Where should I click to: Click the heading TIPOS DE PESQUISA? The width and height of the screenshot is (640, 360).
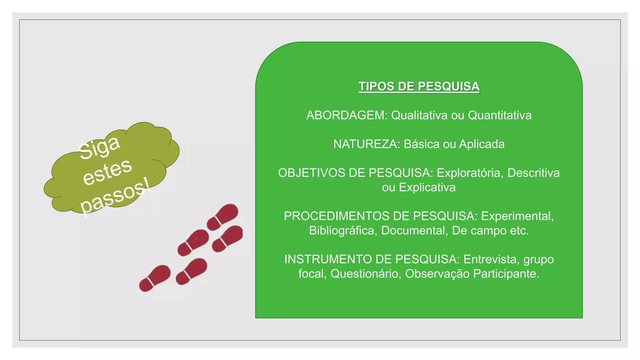(419, 87)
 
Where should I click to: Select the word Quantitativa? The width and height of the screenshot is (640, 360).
(499, 115)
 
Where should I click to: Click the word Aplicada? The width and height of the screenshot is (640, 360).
(482, 144)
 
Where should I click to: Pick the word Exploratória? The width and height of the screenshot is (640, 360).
(470, 173)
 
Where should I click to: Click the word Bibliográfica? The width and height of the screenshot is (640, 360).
(343, 231)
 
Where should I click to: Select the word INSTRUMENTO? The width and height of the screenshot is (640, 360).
(328, 259)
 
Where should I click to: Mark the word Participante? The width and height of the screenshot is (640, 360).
(506, 274)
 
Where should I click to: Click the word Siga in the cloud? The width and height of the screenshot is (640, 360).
(99, 147)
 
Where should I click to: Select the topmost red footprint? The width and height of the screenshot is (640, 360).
(222, 217)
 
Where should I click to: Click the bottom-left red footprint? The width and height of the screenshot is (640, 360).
(155, 278)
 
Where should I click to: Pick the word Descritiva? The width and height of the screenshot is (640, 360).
(533, 173)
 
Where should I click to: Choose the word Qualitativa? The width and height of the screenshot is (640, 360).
(419, 115)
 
